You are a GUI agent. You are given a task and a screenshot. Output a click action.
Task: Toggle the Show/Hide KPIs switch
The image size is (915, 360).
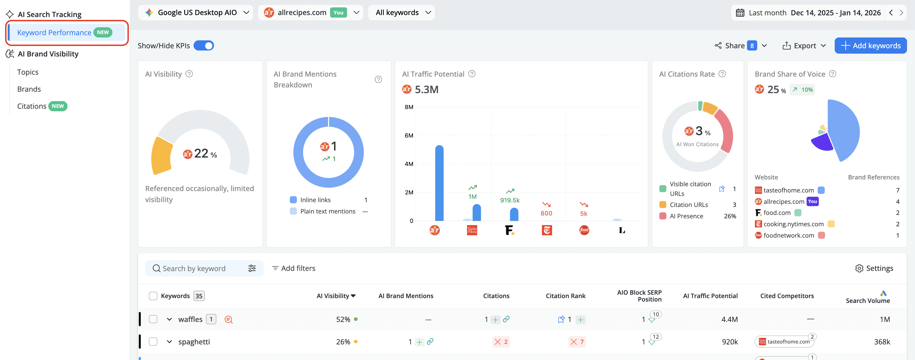click(203, 45)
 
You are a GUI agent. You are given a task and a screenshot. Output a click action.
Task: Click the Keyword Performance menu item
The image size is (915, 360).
click(54, 33)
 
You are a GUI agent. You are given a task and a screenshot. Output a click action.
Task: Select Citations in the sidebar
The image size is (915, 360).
click(32, 106)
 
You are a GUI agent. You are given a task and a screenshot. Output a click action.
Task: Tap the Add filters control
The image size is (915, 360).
click(294, 268)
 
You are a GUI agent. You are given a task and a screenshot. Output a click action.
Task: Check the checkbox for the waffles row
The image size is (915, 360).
click(153, 319)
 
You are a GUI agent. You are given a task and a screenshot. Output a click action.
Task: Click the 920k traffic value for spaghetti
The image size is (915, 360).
click(730, 342)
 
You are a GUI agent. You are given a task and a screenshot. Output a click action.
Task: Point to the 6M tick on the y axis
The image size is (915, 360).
click(409, 135)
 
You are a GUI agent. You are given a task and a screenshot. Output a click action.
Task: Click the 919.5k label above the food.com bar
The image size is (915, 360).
click(510, 200)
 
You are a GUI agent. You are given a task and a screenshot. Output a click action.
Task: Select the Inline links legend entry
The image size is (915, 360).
click(315, 200)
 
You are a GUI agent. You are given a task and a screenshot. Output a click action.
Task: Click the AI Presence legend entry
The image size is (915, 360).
click(686, 216)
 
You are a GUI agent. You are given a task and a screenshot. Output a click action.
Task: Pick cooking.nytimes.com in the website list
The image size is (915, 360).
click(793, 224)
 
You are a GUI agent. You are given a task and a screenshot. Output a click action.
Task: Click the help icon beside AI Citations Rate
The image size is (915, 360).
click(722, 74)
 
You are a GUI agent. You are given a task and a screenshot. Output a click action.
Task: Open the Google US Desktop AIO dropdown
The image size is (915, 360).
click(196, 12)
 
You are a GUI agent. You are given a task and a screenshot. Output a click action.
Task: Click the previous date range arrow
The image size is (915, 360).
click(891, 12)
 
